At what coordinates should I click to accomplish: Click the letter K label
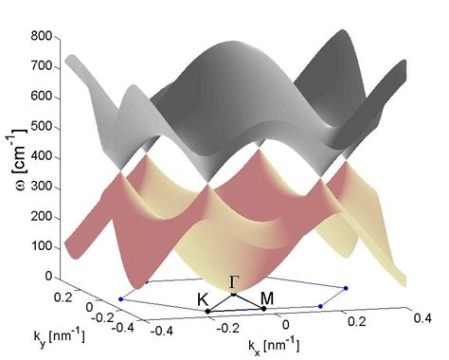(203, 298)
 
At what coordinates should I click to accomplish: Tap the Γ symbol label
(234, 281)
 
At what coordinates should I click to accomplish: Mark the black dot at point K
(208, 311)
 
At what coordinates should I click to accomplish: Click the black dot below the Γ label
(234, 295)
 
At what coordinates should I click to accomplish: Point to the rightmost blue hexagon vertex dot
(347, 287)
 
